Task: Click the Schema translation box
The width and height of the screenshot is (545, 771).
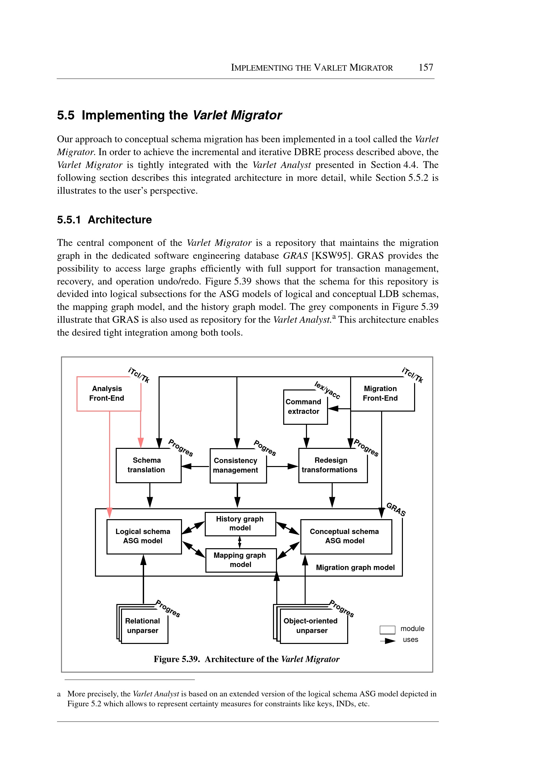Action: coord(148,465)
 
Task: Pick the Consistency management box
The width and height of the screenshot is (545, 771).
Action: coord(238,466)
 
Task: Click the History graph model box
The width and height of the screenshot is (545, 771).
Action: coord(240,524)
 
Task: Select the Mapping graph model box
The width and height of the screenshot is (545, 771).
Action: coord(241,560)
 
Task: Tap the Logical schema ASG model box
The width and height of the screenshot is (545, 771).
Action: coord(144,536)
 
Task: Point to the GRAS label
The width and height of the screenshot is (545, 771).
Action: coord(396,509)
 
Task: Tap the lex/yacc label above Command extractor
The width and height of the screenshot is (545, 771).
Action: coord(327,390)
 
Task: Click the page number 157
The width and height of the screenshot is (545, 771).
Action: coord(426,68)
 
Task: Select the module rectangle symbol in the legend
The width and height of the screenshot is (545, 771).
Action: coord(387,629)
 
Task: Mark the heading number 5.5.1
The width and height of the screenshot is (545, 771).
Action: coord(69,220)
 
